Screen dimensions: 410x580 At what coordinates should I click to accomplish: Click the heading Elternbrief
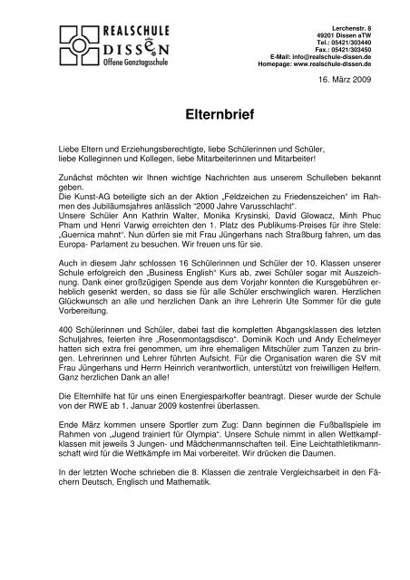[204, 116]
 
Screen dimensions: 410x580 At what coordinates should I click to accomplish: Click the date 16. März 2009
[348, 82]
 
